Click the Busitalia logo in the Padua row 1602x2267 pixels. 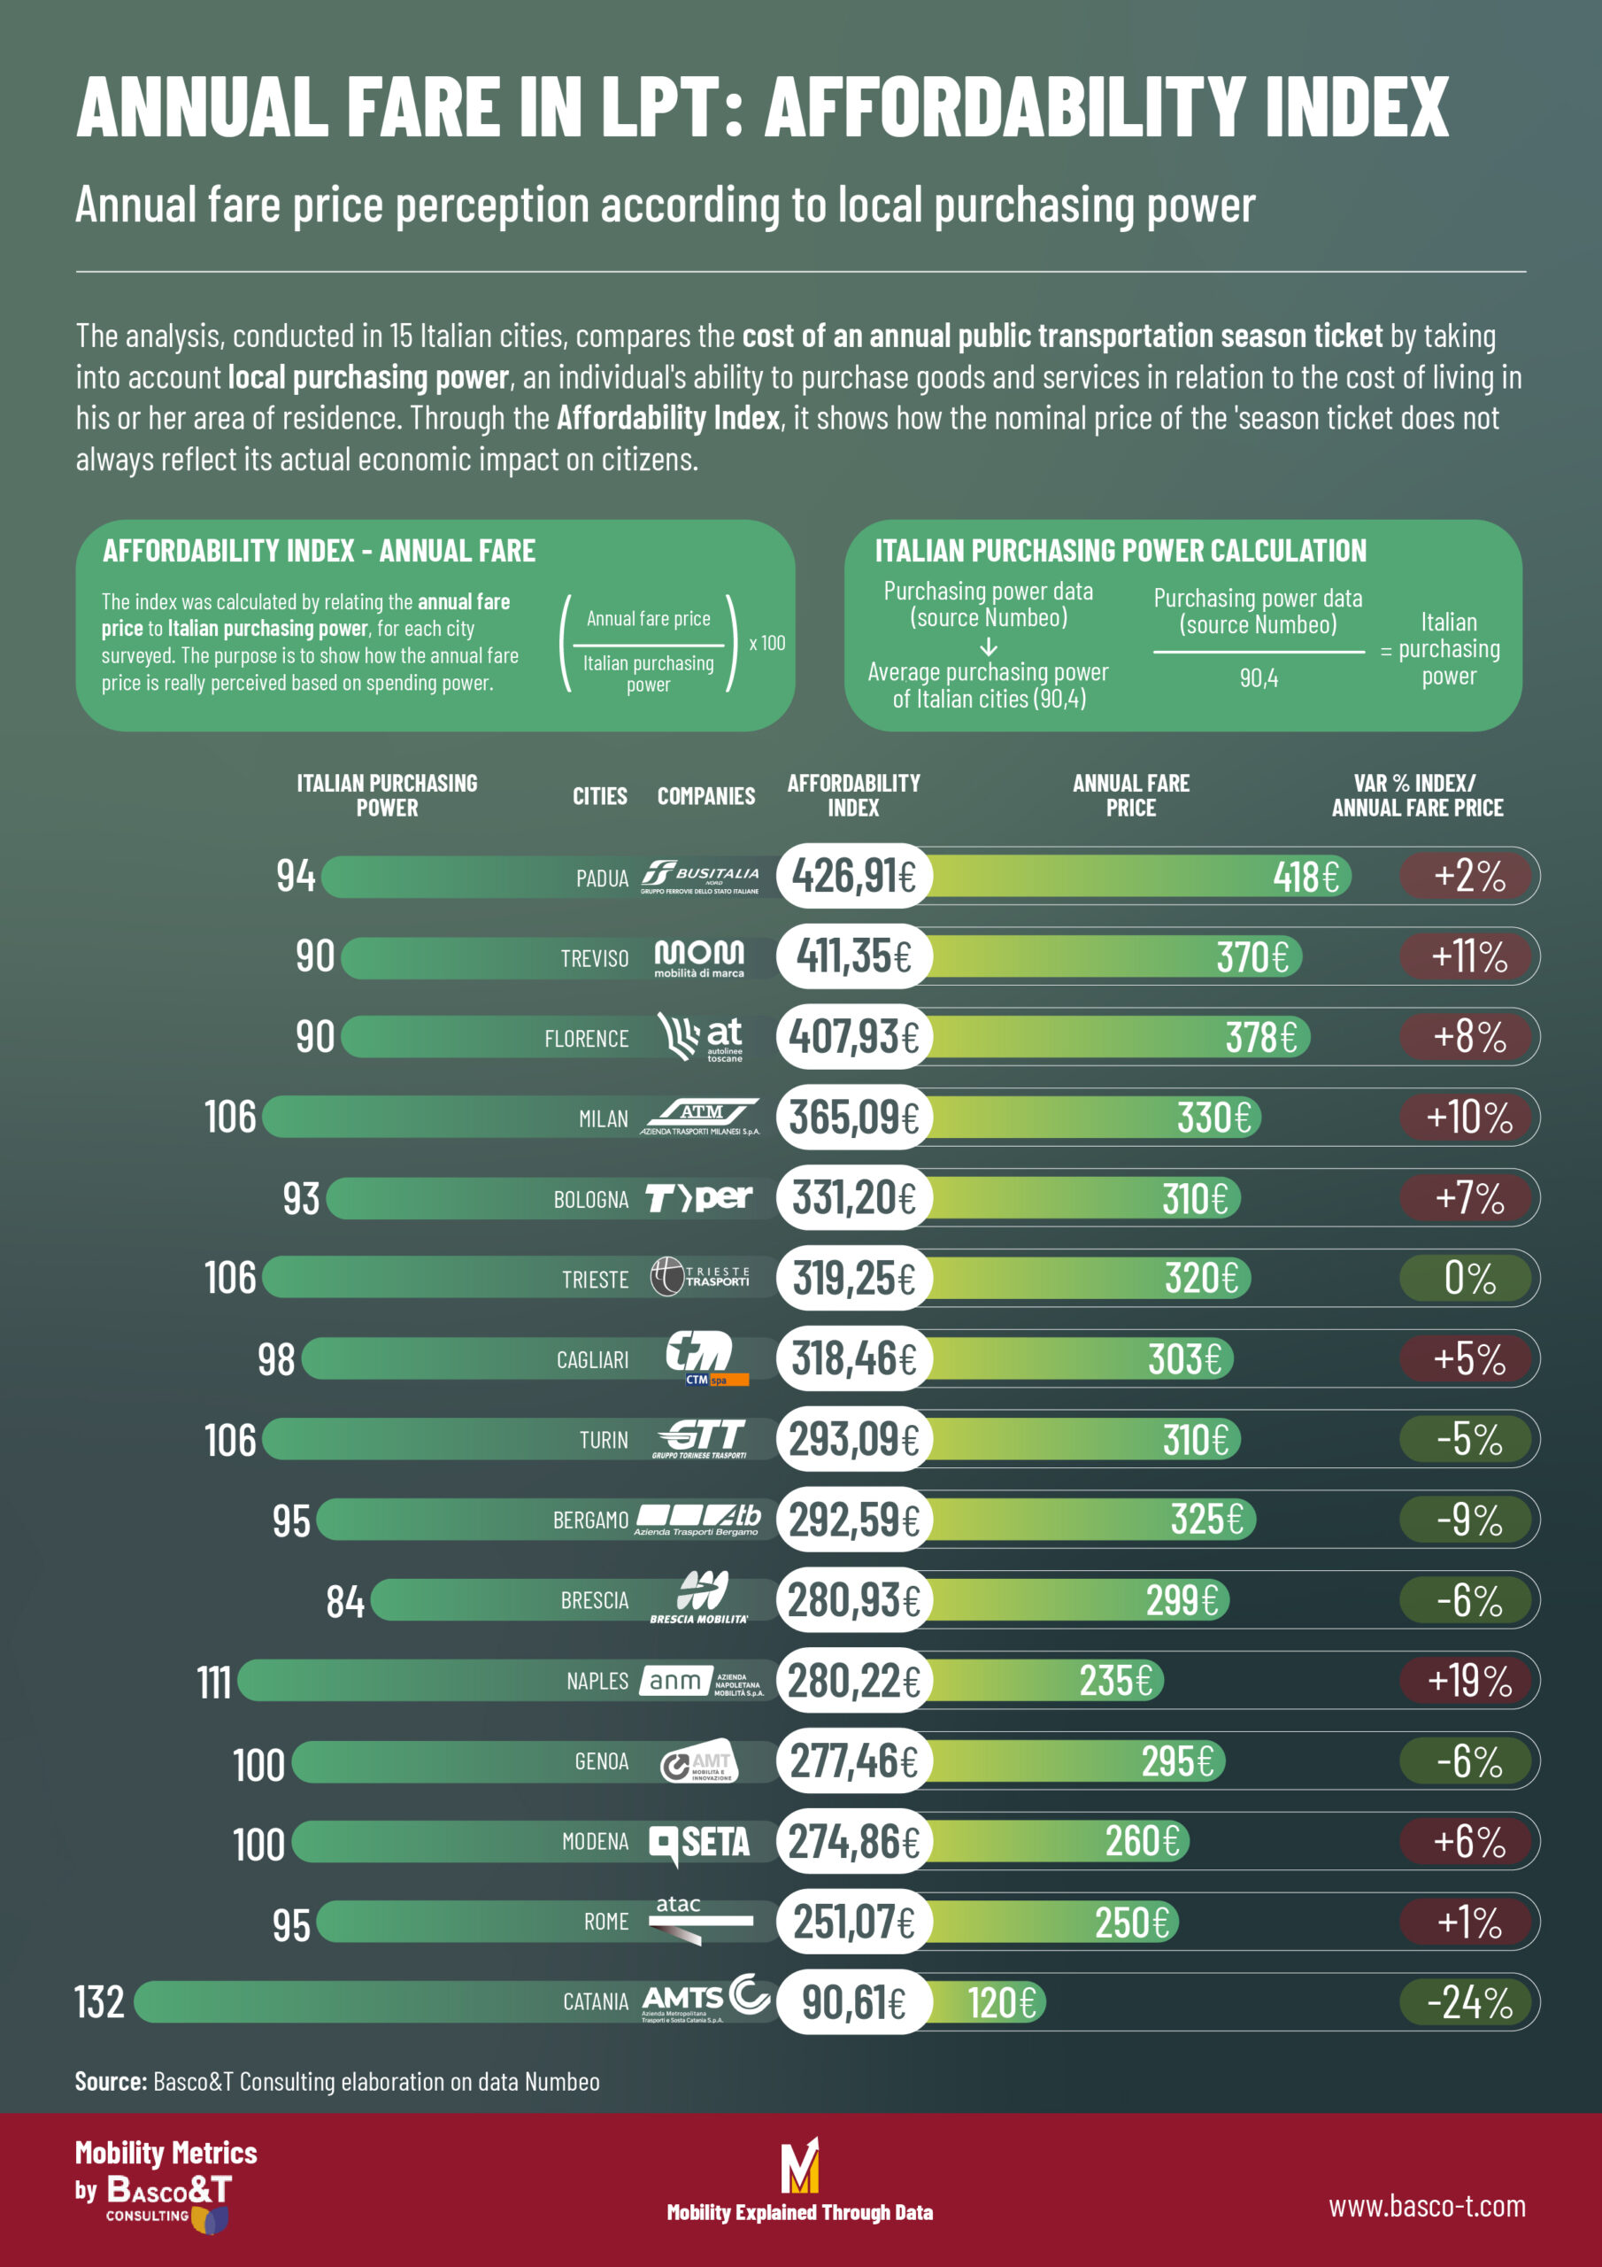point(700,876)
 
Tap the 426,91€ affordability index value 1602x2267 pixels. point(854,876)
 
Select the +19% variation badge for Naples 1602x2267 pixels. point(1467,1681)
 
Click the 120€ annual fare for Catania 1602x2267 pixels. point(1001,2003)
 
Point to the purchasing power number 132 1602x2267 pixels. point(100,2002)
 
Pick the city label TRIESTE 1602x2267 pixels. point(594,1280)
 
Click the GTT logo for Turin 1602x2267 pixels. point(700,1439)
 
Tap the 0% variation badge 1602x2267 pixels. point(1467,1279)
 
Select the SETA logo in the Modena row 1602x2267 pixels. point(700,1843)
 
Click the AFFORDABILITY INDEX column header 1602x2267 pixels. point(853,795)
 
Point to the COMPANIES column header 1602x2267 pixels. point(705,796)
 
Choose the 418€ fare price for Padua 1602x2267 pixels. point(1305,877)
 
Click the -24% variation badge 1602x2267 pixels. point(1467,2003)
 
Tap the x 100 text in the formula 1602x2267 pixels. point(767,643)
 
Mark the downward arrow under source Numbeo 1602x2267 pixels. point(988,647)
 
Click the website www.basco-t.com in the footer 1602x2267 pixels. point(1426,2206)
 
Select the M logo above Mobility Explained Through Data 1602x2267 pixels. point(799,2164)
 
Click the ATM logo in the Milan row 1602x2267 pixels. point(700,1117)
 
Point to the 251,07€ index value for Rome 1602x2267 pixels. point(854,1923)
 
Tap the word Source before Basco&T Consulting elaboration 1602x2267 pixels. point(111,2081)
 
